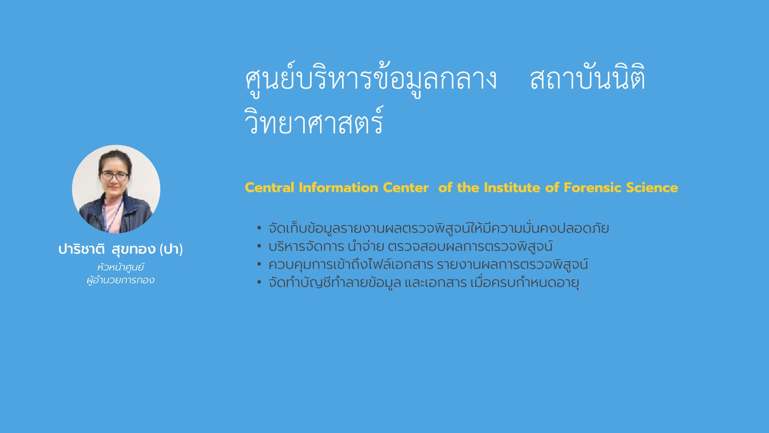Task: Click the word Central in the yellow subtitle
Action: pos(270,188)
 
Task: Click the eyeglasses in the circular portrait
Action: pos(115,176)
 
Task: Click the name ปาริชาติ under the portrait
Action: pos(82,249)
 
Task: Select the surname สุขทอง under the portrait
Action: pos(133,249)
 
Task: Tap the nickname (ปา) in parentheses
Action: pos(171,249)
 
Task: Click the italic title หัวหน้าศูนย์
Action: pos(121,267)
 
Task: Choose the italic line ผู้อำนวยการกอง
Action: pos(121,280)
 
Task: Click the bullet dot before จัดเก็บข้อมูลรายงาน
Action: pos(259,228)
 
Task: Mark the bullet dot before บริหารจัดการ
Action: pos(259,246)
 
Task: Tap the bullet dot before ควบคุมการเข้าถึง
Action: pos(259,264)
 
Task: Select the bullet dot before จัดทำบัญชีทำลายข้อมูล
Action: pos(259,282)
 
